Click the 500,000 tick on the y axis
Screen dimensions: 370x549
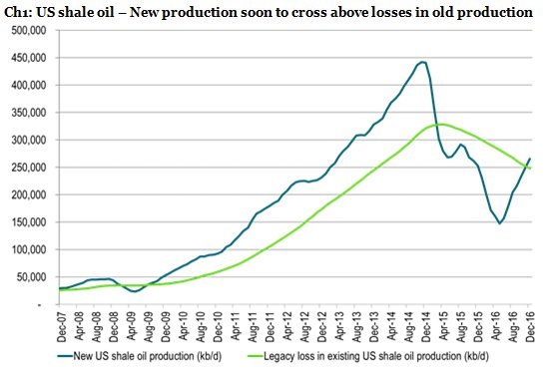tap(31, 30)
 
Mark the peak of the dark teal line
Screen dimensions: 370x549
tap(423, 62)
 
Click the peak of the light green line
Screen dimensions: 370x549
tap(440, 124)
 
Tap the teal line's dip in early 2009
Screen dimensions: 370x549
tap(134, 291)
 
